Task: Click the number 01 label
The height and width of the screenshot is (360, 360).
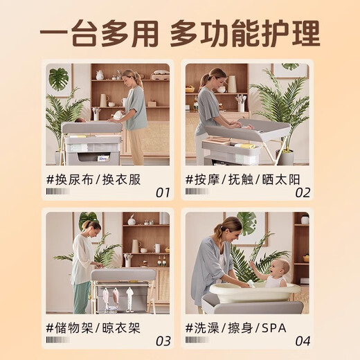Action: (162, 192)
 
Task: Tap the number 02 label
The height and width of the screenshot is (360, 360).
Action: (303, 192)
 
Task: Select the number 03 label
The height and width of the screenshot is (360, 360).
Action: (162, 340)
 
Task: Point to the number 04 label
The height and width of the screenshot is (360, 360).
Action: (303, 340)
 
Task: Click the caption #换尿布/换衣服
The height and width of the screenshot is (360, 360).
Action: (93, 180)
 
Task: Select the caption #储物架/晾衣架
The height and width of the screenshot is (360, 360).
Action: (93, 328)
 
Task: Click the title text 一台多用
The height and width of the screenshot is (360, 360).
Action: (100, 32)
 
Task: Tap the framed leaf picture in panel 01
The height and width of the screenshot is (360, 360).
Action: (59, 79)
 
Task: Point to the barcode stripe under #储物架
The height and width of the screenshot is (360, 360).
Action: (57, 340)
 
